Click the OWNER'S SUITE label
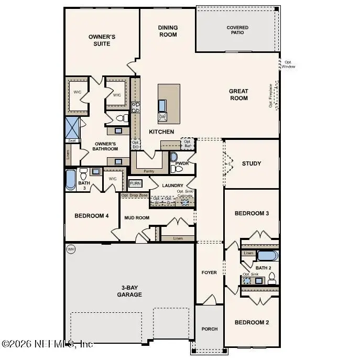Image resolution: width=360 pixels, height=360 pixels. point(102,40)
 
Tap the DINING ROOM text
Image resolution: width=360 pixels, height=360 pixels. point(168,31)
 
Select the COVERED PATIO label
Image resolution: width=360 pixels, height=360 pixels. point(237,30)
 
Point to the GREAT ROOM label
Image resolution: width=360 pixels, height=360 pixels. point(238,94)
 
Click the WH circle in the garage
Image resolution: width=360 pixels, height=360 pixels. point(71,249)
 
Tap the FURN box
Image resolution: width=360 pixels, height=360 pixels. point(135,183)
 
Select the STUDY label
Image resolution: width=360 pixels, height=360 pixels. point(252,163)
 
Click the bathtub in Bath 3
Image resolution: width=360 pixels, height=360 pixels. point(70,180)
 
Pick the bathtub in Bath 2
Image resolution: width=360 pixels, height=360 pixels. point(268,256)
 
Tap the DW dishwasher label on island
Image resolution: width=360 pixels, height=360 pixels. point(162,116)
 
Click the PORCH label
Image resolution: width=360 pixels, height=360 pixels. point(210,329)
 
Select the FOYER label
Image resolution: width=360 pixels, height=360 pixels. point(210,272)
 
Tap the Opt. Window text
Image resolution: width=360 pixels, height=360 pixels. point(289,64)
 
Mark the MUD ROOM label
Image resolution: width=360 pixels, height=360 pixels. point(136,217)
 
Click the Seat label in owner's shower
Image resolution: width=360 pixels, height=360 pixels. point(71,140)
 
